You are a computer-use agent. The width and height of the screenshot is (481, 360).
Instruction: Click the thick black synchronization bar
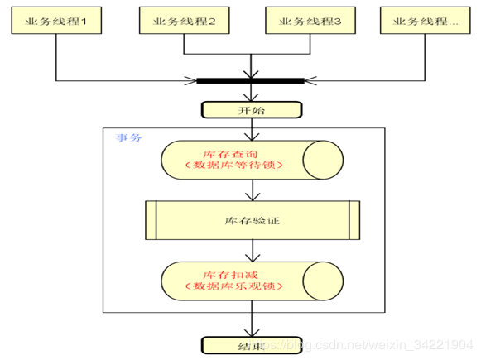(250, 81)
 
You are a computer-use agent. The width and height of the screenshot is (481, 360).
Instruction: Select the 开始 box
(250, 109)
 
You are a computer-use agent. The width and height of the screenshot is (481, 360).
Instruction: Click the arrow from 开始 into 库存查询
(250, 131)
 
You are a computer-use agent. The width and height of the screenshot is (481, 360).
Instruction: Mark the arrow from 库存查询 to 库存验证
(250, 190)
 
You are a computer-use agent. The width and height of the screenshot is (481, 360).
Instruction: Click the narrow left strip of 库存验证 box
(151, 221)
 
